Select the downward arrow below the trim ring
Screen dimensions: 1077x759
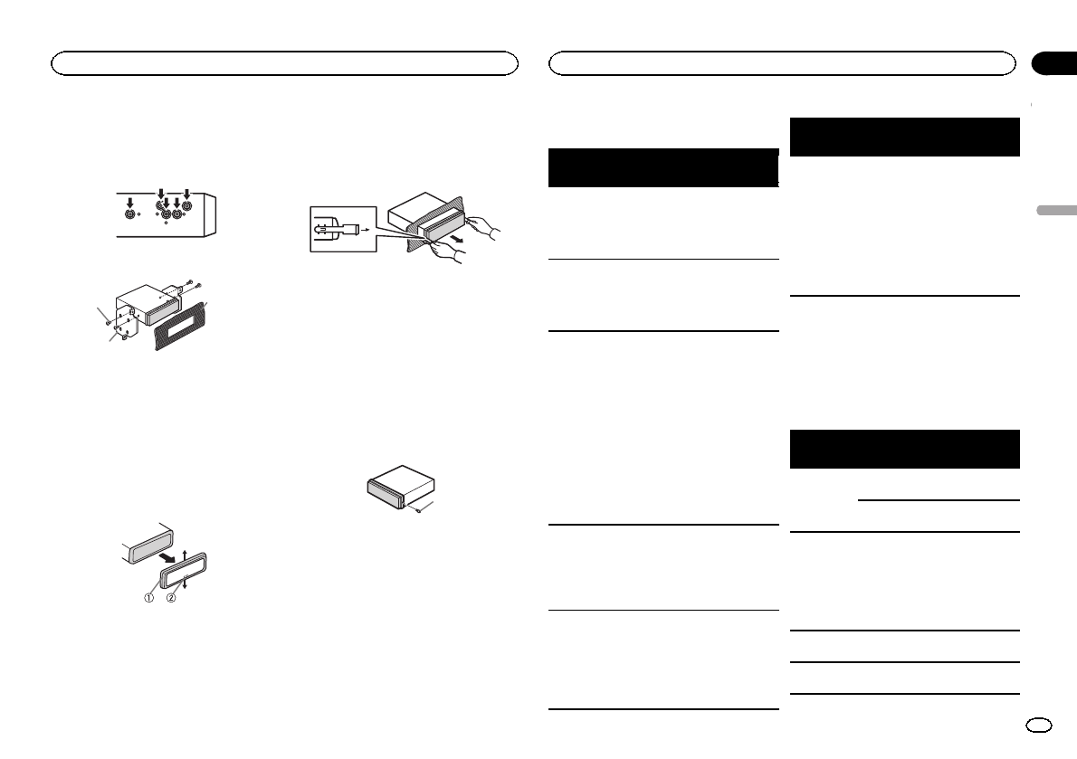(x=184, y=583)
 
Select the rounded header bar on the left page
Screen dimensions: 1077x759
(x=284, y=63)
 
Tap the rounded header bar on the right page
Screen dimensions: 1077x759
(x=782, y=63)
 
